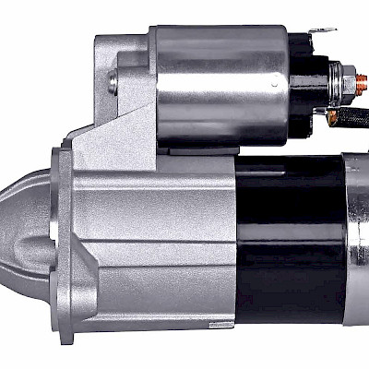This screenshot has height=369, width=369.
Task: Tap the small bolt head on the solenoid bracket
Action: click(x=112, y=83)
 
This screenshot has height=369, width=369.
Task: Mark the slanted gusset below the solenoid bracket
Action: click(x=101, y=138)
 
